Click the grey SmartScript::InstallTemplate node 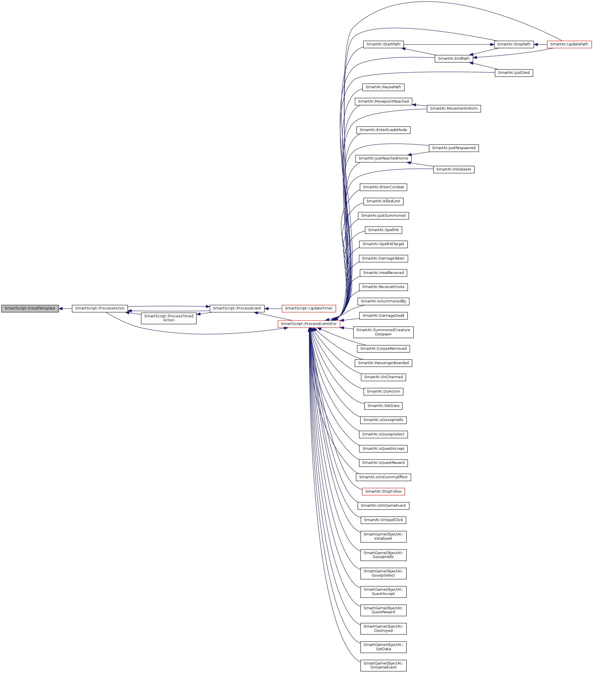30,309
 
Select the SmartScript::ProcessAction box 100,309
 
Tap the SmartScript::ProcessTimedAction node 168,318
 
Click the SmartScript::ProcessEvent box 237,309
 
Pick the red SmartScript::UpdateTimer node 309,309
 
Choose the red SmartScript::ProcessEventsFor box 309,324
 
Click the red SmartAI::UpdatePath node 569,45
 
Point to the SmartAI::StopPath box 514,45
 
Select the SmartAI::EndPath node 454,59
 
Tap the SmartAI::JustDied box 514,73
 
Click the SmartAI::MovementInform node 454,109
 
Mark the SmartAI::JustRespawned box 454,148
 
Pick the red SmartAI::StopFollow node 383,492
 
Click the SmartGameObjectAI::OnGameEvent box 383,665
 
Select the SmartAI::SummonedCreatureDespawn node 383,332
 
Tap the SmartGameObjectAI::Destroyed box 383,628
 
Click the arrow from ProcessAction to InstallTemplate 65,309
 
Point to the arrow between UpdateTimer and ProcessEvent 273,309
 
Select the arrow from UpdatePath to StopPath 540,45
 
